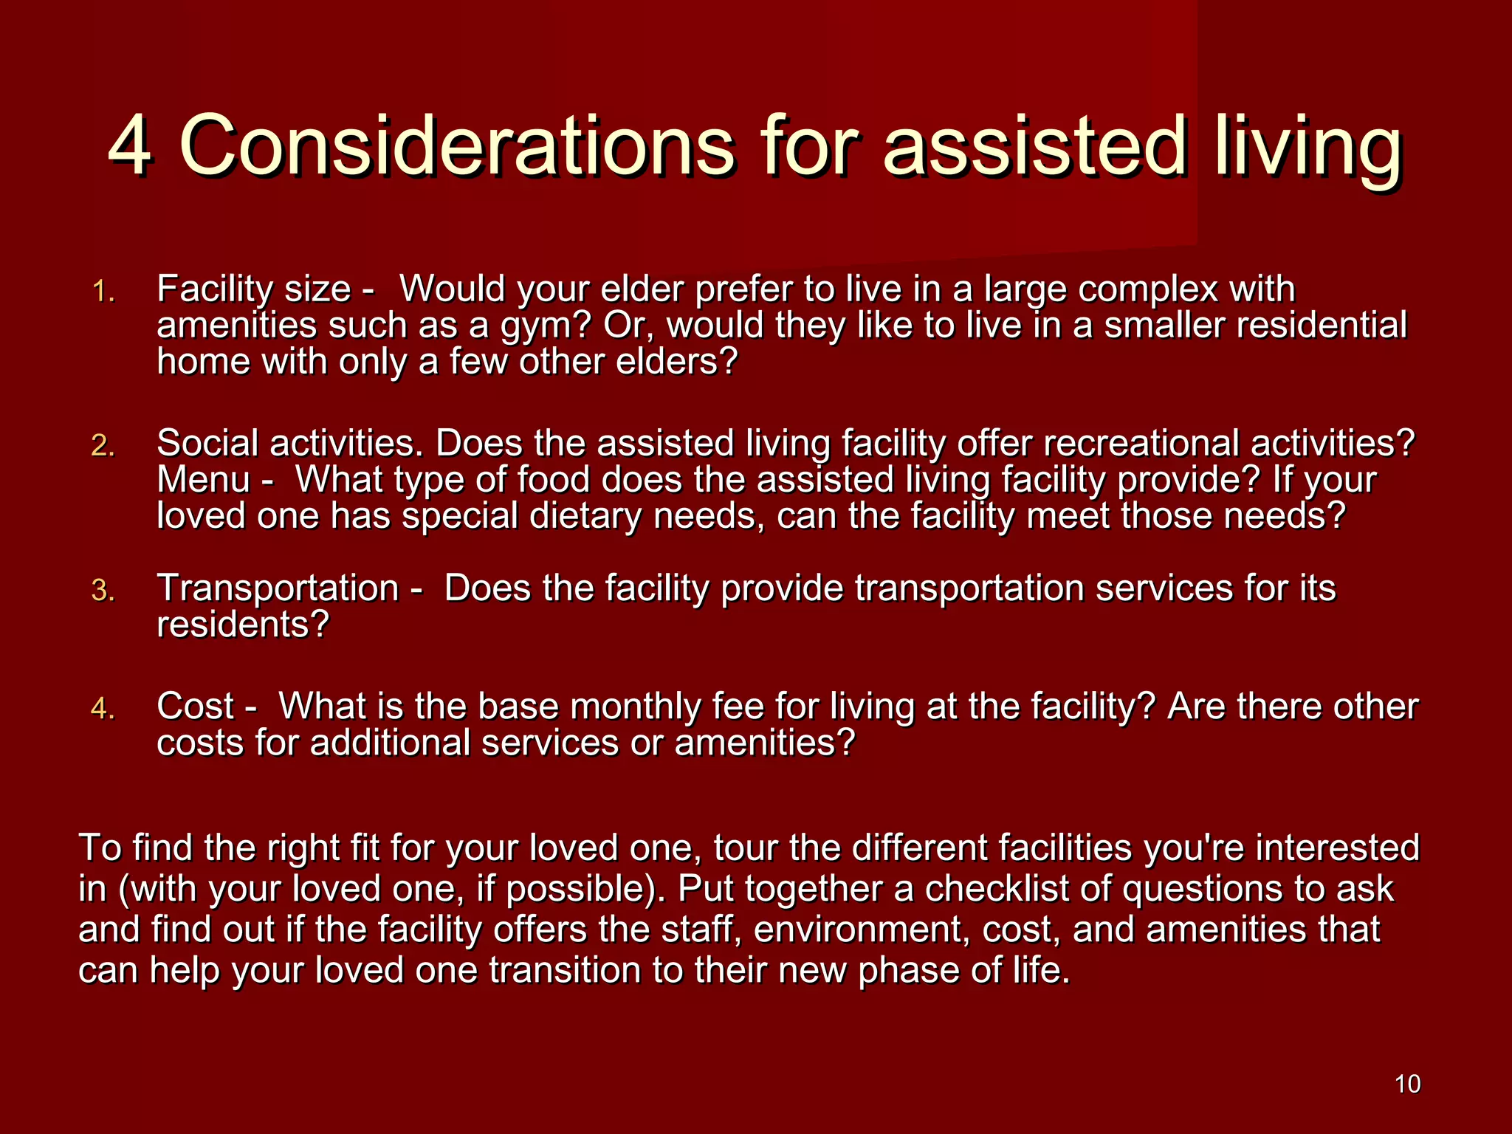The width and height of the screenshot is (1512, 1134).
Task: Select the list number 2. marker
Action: point(103,446)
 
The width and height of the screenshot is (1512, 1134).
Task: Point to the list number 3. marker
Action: point(103,591)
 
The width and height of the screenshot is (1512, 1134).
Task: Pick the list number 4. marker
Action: point(103,709)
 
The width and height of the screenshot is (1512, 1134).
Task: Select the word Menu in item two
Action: point(204,479)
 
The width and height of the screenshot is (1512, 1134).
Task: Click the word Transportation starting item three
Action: point(278,588)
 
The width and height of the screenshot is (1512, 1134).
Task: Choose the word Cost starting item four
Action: point(195,706)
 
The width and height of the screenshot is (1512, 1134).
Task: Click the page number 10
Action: point(1407,1084)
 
